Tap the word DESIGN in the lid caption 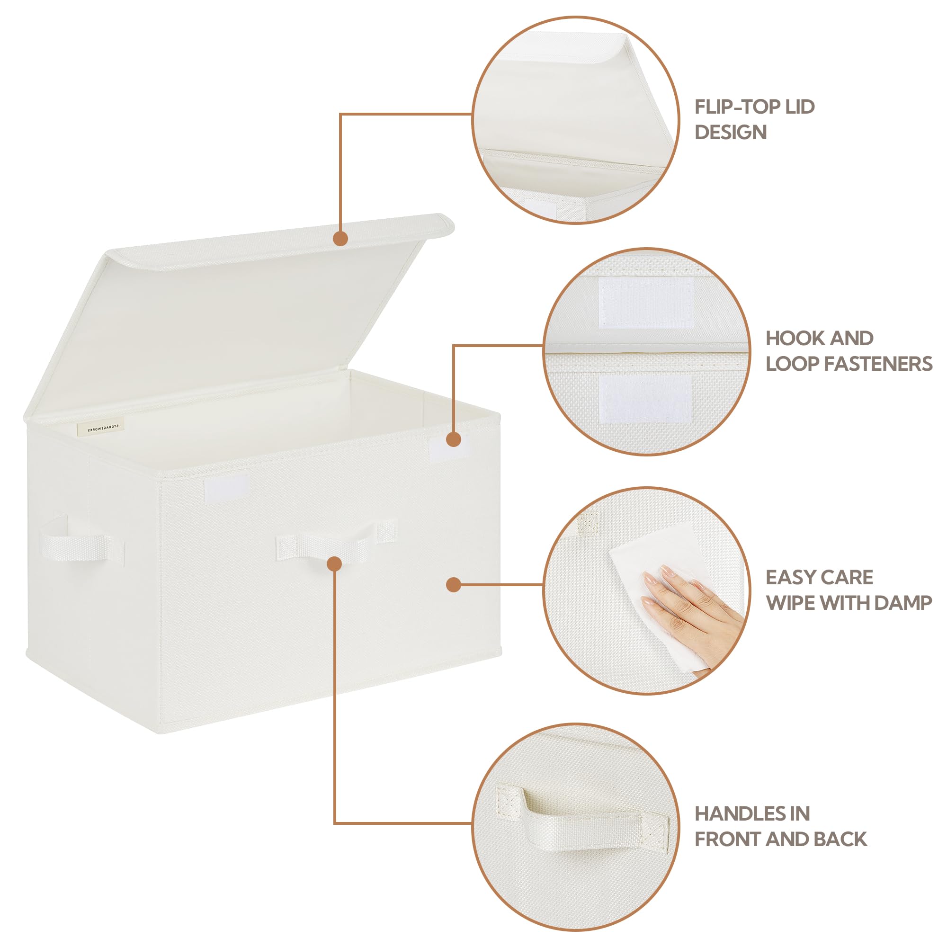(x=730, y=133)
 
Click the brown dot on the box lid (x=340, y=239)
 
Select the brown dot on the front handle (x=334, y=563)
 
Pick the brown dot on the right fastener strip (x=454, y=439)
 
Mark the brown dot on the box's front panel (x=454, y=584)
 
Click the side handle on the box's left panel (x=79, y=544)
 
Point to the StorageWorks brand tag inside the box (x=101, y=428)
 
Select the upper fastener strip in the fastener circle (x=646, y=303)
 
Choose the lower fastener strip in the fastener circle (x=645, y=399)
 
